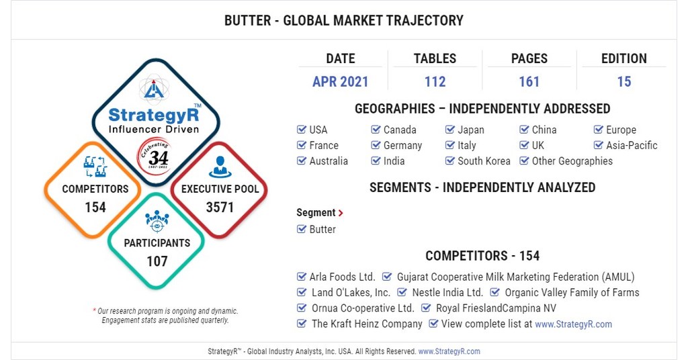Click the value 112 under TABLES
coord(435,82)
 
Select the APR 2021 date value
coord(340,82)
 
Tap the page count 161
coord(529,82)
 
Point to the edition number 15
coord(623,82)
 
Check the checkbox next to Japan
coord(450,130)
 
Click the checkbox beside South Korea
coord(450,161)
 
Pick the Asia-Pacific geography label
coord(632,145)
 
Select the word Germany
coord(402,145)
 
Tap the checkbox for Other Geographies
coord(524,161)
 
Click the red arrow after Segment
coord(341,213)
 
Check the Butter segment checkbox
coord(302,229)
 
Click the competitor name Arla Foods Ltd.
coord(342,277)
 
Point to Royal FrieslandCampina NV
coord(496,308)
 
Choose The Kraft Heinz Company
coord(367,324)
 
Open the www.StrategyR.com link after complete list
coord(573,324)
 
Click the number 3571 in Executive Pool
coord(220,208)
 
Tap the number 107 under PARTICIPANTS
coord(157,261)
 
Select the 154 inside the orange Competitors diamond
coord(95,208)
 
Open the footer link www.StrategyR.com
coord(449,351)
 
